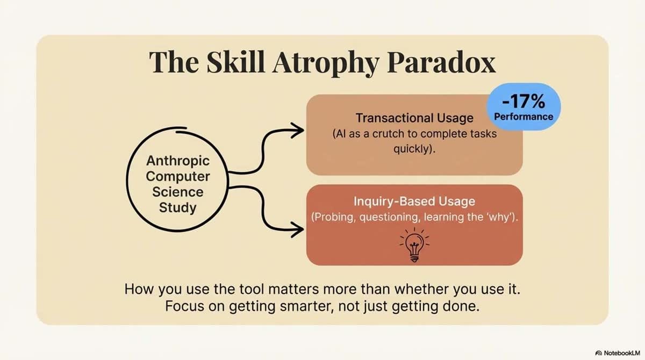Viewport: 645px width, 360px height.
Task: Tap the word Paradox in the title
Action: tap(441, 62)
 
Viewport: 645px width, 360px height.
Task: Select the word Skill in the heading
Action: tap(235, 62)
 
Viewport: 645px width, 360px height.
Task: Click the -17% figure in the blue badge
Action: tap(524, 101)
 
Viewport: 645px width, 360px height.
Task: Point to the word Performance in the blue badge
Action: tap(524, 117)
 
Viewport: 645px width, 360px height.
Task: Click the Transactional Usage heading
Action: tap(414, 118)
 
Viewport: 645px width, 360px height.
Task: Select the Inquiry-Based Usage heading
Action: tap(414, 201)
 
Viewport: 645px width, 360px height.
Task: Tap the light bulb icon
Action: tap(414, 245)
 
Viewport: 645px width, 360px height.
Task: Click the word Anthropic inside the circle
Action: tap(178, 161)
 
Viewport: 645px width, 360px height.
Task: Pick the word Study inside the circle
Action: tap(178, 208)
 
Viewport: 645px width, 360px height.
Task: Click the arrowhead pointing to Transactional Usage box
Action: tap(298, 131)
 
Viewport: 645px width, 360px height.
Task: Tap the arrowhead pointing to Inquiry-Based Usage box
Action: tap(298, 229)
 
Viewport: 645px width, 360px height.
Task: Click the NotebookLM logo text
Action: tap(622, 353)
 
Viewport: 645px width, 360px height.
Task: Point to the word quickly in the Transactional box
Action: tap(412, 149)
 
